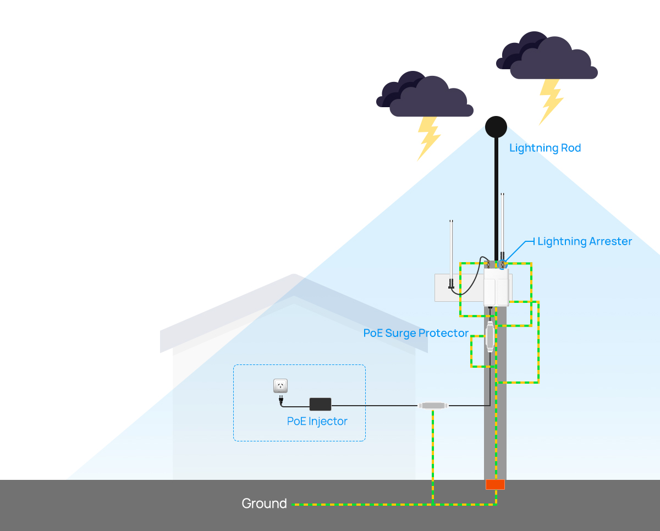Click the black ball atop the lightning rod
coord(496,127)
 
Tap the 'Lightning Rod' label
coord(545,148)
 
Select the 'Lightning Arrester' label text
coord(585,241)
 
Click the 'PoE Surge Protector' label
coord(416,333)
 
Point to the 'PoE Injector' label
coord(317,422)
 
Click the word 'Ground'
coord(264,504)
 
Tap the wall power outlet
coord(280,386)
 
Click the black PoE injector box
coord(320,404)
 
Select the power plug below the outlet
coord(280,400)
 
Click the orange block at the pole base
coord(495,485)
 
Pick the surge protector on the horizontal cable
coord(433,406)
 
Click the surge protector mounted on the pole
coord(490,336)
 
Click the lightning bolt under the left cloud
coord(428,139)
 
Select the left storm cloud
coord(425,94)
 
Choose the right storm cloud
coord(547,56)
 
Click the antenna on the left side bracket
coord(451,254)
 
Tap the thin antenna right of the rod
coord(502,226)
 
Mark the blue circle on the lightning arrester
coord(503,263)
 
